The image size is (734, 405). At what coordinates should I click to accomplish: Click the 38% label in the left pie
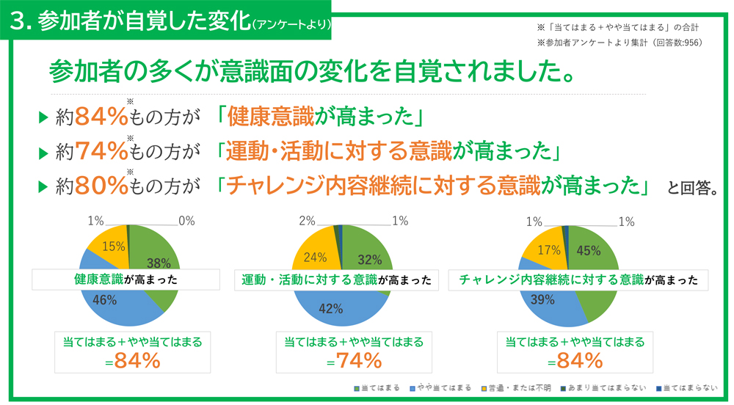click(159, 263)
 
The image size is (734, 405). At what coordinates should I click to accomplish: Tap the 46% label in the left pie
click(105, 299)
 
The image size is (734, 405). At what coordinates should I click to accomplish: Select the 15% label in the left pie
click(112, 247)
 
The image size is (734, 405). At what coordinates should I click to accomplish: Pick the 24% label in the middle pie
click(315, 258)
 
